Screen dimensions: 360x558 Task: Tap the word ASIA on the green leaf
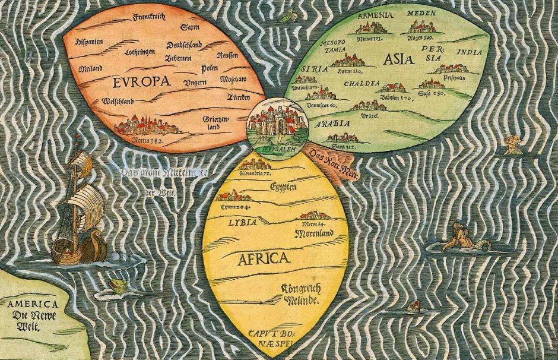399,58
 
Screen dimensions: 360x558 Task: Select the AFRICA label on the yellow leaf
264,258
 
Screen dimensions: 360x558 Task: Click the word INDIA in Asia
471,53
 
